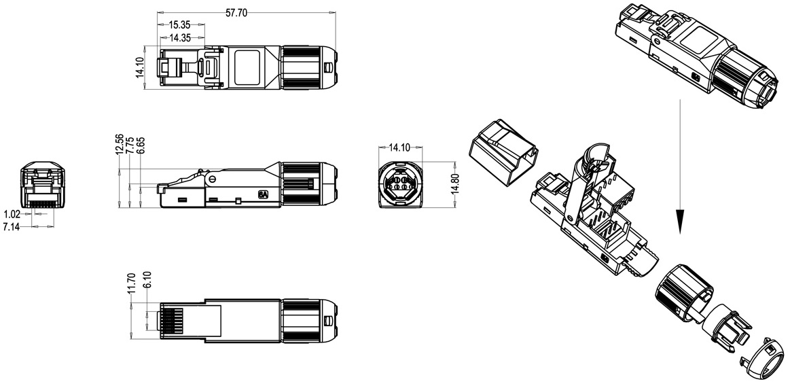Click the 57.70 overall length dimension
[x=236, y=13]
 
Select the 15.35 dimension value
[x=180, y=24]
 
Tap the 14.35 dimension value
[x=180, y=37]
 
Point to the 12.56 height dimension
[x=120, y=144]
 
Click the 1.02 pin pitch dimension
[x=11, y=213]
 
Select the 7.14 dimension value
[x=11, y=227]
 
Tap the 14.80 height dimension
[x=456, y=184]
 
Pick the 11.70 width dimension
[x=132, y=283]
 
